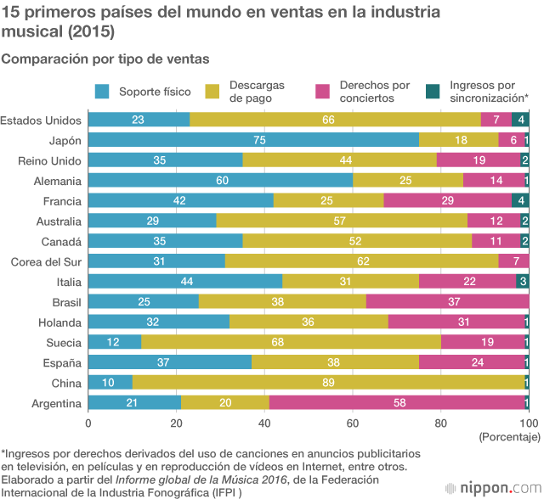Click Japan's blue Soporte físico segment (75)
point(253,140)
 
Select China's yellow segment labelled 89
point(328,383)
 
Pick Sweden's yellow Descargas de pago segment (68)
point(291,342)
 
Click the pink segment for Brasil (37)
point(447,301)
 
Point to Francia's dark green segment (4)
point(520,201)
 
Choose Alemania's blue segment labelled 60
point(220,181)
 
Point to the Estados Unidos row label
point(41,120)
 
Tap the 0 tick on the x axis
point(88,423)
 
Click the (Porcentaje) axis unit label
point(510,437)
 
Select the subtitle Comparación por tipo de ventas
point(105,59)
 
